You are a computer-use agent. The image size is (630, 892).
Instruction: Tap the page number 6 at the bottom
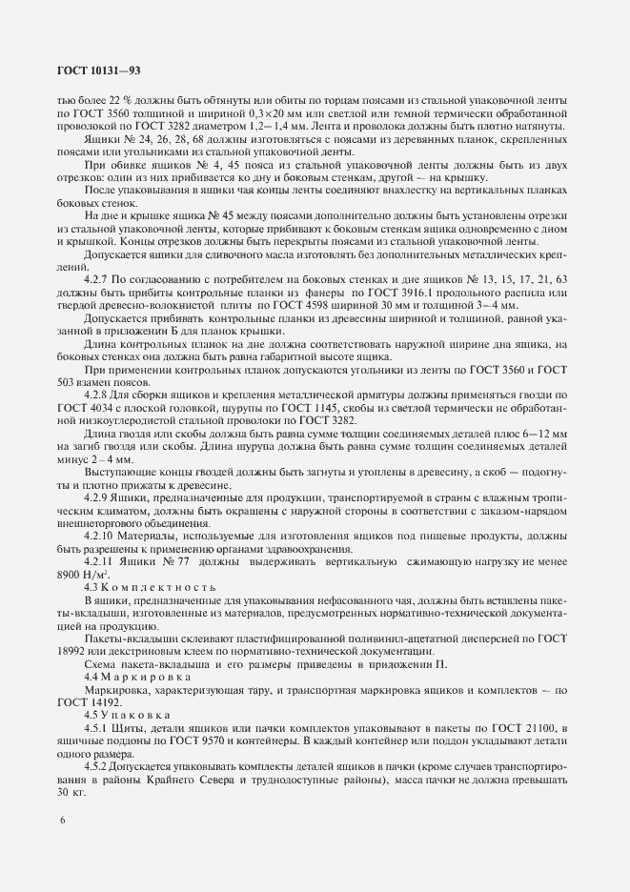pyautogui.click(x=63, y=820)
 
